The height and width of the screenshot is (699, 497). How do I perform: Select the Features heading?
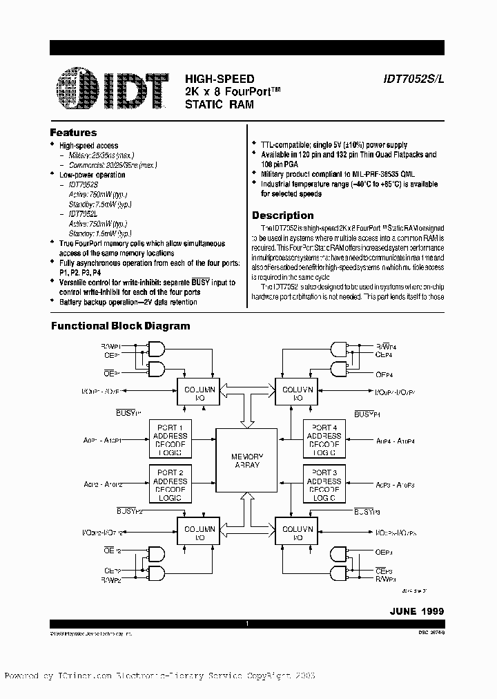[74, 133]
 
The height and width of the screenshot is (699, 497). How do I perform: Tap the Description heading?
[282, 216]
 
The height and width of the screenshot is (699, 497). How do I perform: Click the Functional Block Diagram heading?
[121, 326]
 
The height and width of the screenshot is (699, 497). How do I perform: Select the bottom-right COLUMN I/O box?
[298, 533]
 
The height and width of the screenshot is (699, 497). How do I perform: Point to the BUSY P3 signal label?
[368, 512]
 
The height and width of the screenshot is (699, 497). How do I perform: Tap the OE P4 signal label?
[384, 375]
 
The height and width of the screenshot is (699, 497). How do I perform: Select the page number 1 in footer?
[247, 624]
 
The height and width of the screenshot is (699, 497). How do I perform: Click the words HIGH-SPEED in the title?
[220, 79]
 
